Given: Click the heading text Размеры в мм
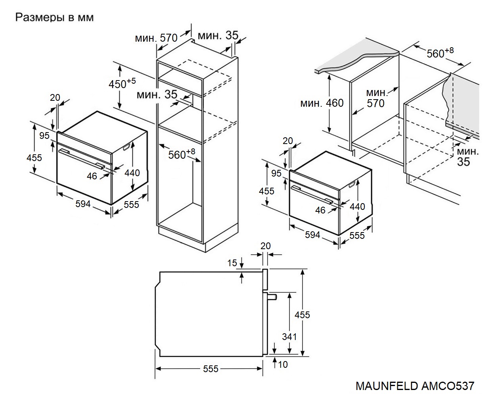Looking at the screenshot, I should (54, 18).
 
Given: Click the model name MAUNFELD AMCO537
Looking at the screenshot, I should (414, 386).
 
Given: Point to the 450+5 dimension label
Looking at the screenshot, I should (122, 84).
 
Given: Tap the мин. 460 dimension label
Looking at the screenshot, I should (322, 103).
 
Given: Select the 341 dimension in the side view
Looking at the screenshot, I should (289, 337).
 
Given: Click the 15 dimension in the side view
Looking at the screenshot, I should (232, 263).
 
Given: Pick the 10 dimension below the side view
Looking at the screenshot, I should (283, 364).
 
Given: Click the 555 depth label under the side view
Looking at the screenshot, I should (211, 369).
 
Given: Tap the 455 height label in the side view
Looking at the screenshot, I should (302, 315).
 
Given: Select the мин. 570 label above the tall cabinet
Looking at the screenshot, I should (156, 38).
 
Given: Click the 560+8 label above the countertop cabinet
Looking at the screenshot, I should (440, 53).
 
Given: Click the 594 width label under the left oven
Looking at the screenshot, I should (83, 204).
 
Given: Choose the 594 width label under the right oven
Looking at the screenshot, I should (312, 235).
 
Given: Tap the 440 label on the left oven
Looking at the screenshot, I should (132, 173).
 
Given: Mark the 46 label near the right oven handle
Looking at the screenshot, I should (320, 210).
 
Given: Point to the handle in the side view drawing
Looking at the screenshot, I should (272, 296).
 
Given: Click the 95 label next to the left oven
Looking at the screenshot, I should (44, 136).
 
